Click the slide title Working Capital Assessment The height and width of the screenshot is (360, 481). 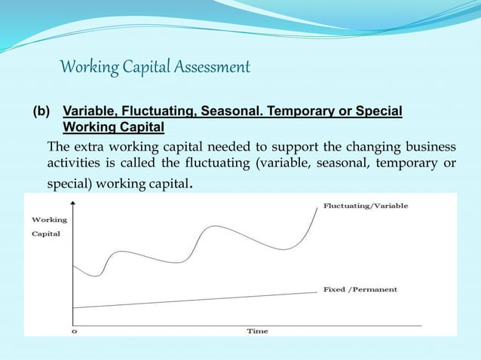click(155, 68)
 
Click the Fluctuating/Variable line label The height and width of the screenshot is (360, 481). click(366, 206)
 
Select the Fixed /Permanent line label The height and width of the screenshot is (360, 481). click(360, 289)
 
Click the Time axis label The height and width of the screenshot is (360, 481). click(257, 331)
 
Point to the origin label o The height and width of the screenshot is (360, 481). click(73, 331)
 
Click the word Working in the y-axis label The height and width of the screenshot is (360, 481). click(48, 220)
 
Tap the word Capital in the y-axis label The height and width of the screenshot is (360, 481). click(45, 233)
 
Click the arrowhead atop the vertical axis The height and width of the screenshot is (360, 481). click(72, 202)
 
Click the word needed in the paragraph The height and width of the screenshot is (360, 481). click(228, 145)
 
